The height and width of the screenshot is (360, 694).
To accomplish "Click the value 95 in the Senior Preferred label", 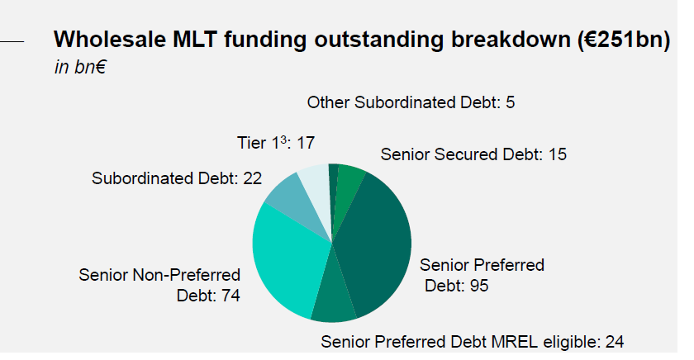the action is pyautogui.click(x=479, y=286).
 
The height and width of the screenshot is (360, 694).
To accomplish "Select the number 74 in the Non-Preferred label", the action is pyautogui.click(x=231, y=296).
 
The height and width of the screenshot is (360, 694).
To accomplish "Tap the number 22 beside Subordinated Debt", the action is pyautogui.click(x=252, y=178).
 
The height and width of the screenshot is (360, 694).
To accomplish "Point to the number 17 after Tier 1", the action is pyautogui.click(x=306, y=144).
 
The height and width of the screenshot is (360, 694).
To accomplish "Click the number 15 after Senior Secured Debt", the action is pyautogui.click(x=557, y=154).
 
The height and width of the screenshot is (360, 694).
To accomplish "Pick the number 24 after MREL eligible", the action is pyautogui.click(x=615, y=343).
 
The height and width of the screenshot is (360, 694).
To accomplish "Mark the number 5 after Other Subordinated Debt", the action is pyautogui.click(x=511, y=102).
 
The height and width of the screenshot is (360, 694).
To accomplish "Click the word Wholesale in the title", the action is pyautogui.click(x=110, y=40).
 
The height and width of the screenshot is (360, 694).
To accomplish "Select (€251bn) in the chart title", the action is pyautogui.click(x=624, y=40).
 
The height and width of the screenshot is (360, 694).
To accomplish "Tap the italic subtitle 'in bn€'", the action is pyautogui.click(x=80, y=67).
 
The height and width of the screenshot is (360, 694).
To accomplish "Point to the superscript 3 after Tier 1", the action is pyautogui.click(x=283, y=139).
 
